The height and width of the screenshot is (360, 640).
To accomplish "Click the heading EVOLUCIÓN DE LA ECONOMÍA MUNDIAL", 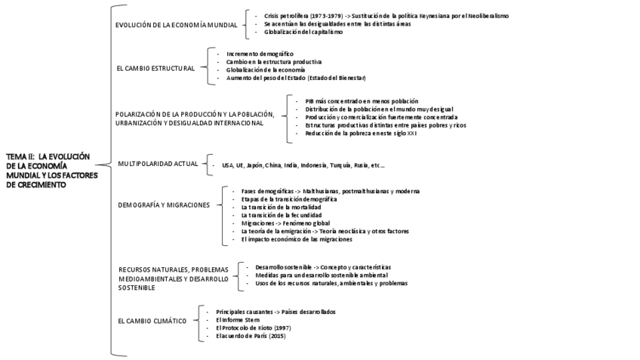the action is [176, 25].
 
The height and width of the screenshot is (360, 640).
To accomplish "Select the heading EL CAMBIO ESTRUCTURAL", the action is [155, 67].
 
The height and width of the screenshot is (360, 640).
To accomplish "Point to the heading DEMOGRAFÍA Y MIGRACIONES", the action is [163, 205].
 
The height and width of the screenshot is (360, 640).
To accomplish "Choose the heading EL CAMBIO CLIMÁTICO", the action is [152, 321].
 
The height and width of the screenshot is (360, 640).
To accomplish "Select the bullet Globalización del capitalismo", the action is [303, 32].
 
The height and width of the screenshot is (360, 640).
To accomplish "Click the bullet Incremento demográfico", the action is [261, 54].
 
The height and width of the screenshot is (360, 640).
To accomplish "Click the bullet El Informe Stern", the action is [238, 320].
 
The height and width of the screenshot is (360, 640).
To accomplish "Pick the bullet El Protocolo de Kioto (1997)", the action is [253, 328].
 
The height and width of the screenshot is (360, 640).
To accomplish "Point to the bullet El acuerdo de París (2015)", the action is [251, 336].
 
